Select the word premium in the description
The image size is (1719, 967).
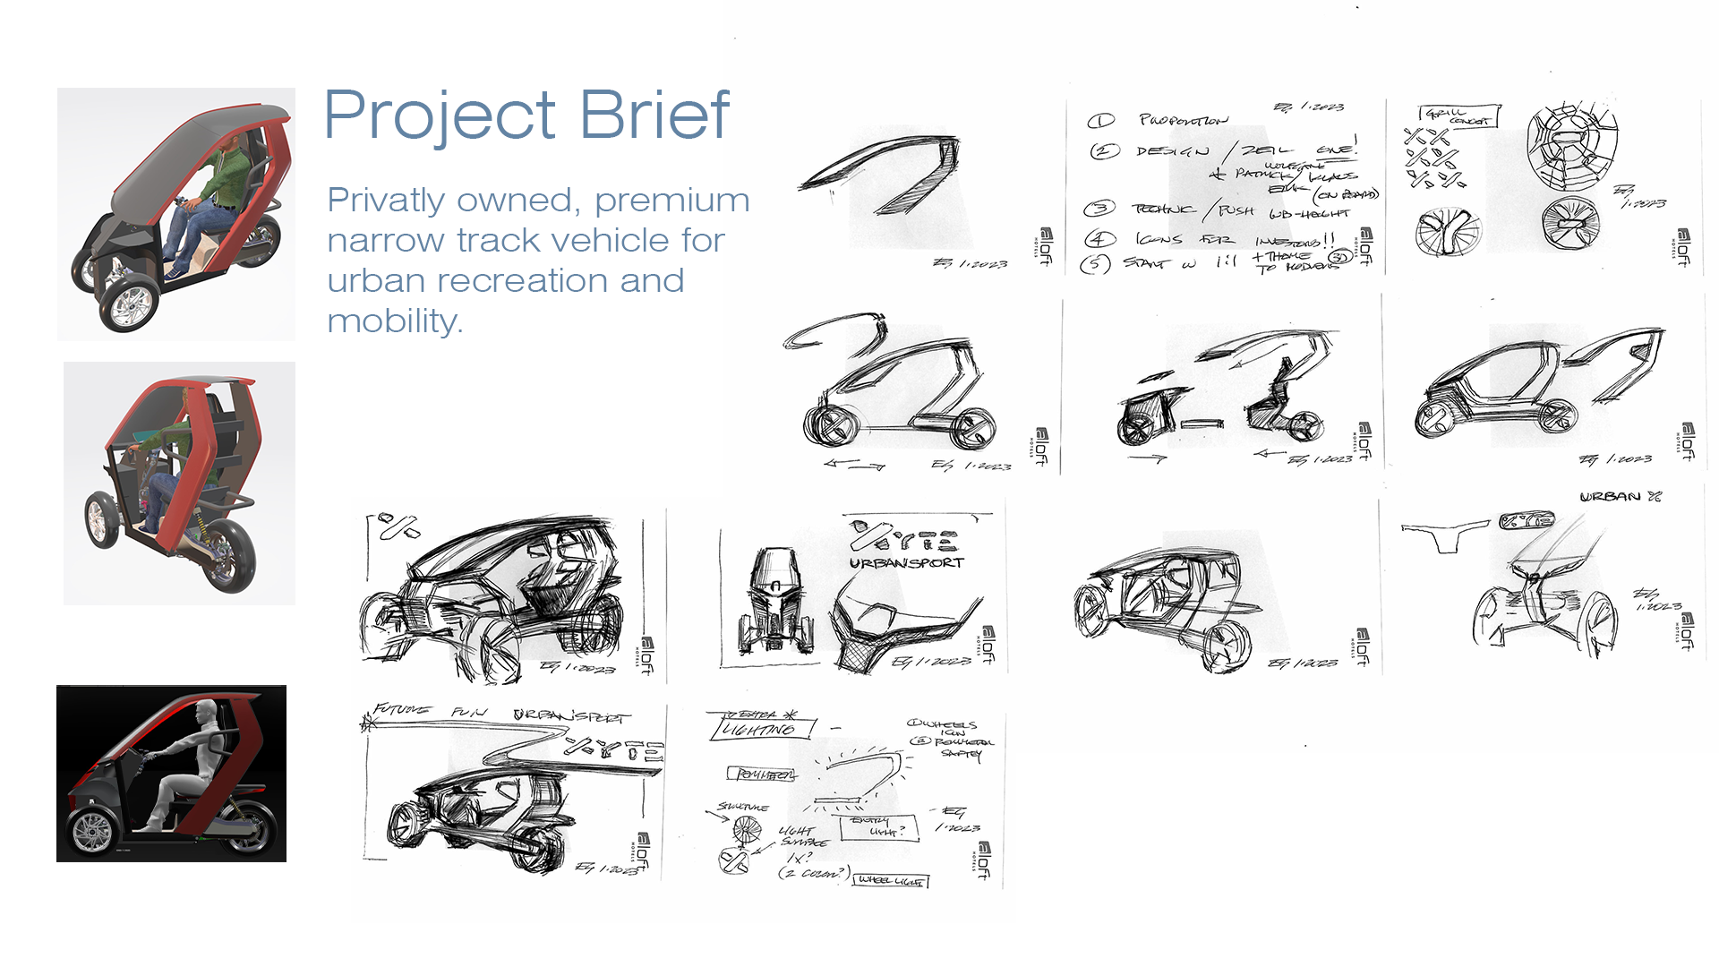click(671, 201)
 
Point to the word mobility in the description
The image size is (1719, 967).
click(395, 321)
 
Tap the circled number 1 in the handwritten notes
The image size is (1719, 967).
click(1100, 121)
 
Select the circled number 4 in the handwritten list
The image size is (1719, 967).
click(1099, 239)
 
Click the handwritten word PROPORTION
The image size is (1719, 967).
click(1184, 120)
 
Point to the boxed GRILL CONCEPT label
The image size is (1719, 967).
click(1459, 116)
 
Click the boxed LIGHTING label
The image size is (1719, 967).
click(761, 728)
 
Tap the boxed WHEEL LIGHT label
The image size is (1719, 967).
click(890, 881)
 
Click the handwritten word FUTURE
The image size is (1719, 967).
click(402, 710)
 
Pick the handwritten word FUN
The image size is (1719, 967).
click(469, 713)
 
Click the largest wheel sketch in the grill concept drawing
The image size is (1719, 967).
click(1573, 146)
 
